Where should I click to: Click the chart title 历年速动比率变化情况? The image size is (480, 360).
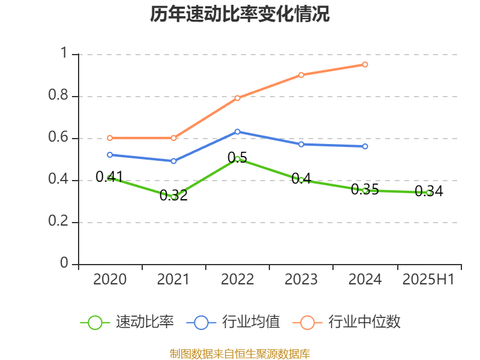[x=240, y=14]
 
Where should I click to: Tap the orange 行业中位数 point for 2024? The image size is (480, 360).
[x=365, y=64]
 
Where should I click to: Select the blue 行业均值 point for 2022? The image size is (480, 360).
[x=238, y=131]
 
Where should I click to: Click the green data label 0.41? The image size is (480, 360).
[x=109, y=176]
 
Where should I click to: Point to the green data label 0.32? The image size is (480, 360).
[x=173, y=196]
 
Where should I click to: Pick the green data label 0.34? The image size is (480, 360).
[x=429, y=191]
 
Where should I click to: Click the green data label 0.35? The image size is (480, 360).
[x=365, y=190]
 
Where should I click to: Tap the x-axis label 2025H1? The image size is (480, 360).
[x=429, y=279]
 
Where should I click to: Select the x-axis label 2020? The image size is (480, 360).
[x=110, y=279]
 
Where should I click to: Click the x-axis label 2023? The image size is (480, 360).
[x=301, y=279]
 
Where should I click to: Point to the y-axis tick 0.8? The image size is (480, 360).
[x=59, y=96]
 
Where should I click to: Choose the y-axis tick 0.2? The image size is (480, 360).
[x=59, y=222]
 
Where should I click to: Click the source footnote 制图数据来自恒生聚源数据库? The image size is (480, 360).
[x=240, y=353]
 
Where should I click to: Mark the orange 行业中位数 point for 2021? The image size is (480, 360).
[x=173, y=138]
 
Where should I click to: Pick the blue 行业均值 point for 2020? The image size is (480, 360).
[x=109, y=155]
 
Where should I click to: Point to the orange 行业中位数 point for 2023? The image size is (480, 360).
[x=301, y=75]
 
